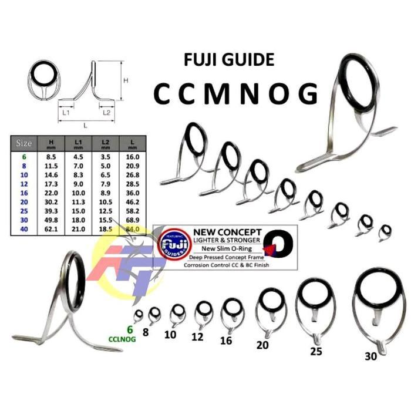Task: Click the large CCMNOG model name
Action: click(x=235, y=93)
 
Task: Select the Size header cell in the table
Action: click(x=24, y=143)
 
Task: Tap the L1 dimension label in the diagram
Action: click(x=66, y=110)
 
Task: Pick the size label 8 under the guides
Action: click(x=146, y=332)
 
